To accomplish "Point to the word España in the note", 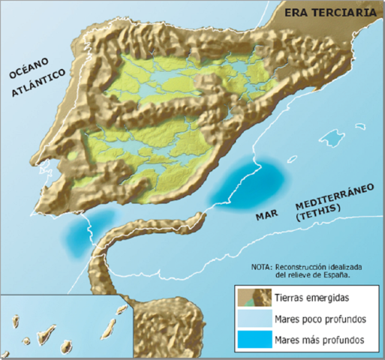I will (x=334, y=275).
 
